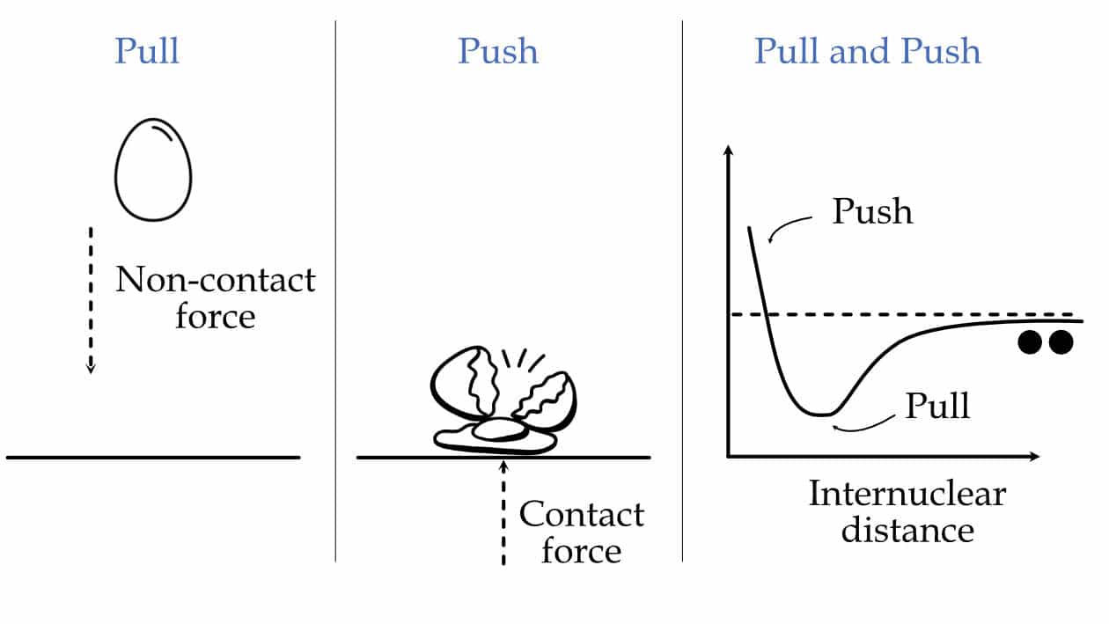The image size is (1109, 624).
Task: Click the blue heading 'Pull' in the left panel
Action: click(146, 51)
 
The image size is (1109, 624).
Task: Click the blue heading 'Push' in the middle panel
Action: click(497, 51)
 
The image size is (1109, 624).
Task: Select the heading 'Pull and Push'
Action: click(867, 51)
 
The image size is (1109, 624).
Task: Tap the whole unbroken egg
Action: click(153, 171)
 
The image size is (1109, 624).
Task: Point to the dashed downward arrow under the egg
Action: click(90, 299)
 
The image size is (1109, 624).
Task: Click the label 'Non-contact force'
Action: click(216, 297)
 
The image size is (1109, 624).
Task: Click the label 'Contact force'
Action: click(581, 532)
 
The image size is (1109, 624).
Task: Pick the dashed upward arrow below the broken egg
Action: click(503, 510)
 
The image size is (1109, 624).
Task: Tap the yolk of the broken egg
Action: click(497, 430)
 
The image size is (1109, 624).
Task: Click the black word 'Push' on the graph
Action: click(872, 212)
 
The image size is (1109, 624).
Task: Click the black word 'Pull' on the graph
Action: click(937, 406)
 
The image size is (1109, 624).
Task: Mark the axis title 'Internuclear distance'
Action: click(907, 511)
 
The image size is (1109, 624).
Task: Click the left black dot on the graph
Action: click(1030, 342)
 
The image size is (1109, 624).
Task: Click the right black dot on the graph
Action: click(1060, 342)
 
